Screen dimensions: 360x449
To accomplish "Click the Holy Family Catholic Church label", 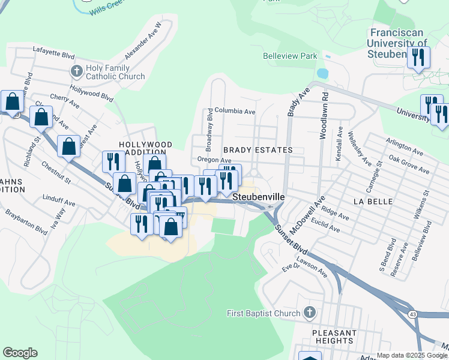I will coord(115,72).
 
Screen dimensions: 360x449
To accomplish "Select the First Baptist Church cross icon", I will coord(309,313).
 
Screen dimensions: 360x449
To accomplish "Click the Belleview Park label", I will coord(289,56).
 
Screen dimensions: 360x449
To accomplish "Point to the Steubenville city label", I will coord(258,196).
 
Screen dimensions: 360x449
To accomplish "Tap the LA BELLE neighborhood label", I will coord(373,202).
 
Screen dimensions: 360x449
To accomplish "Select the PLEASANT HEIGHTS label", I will coord(334,337).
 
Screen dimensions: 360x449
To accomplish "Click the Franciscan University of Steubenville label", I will coord(399,43).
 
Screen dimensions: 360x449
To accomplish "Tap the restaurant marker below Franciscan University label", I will coord(416,58).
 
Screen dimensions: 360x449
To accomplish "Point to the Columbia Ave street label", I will coord(235,112).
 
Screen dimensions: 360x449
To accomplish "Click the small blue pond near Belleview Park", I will coord(322,74).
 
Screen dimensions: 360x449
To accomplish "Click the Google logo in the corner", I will coord(20,353).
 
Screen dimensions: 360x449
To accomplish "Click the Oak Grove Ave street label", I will coord(409,166).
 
